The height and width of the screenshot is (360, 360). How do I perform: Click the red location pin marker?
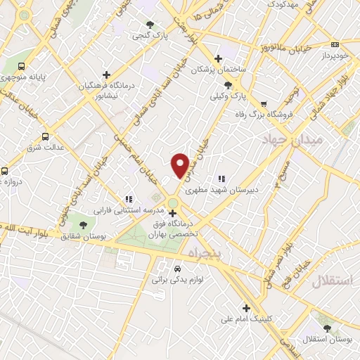pos(180,165)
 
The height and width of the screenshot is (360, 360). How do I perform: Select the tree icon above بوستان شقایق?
pos(84,226)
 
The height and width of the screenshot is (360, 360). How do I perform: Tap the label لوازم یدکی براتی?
pos(176,279)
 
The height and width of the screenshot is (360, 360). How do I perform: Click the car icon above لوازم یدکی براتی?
pos(176,269)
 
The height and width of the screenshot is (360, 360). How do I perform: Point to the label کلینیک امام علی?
pos(245,319)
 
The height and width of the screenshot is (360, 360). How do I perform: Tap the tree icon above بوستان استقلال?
pos(326,328)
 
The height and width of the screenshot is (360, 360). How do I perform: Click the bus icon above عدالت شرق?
pos(46,136)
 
